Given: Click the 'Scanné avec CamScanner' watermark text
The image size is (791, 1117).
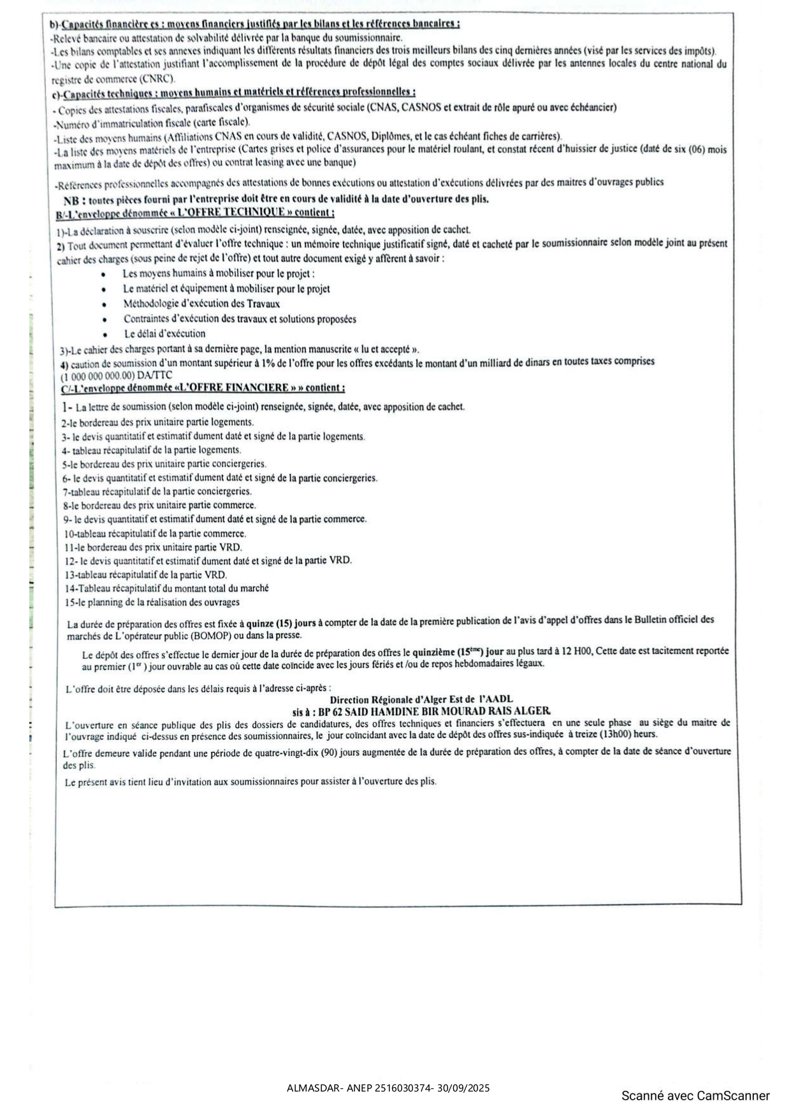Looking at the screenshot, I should pyautogui.click(x=695, y=1096).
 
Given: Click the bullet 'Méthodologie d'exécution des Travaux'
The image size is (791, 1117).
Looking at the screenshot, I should pyautogui.click(x=201, y=304).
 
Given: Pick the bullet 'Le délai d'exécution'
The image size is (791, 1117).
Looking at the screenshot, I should pyautogui.click(x=164, y=334).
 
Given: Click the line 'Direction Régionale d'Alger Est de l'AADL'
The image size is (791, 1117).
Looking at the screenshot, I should pyautogui.click(x=421, y=699).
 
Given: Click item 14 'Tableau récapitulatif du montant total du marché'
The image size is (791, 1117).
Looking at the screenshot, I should pyautogui.click(x=166, y=588).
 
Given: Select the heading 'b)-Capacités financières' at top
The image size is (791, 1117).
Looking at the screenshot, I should pyautogui.click(x=255, y=24).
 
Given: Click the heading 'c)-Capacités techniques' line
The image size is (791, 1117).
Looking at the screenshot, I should pyautogui.click(x=234, y=93).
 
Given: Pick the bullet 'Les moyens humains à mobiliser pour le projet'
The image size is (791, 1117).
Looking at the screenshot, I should pyautogui.click(x=218, y=274).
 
